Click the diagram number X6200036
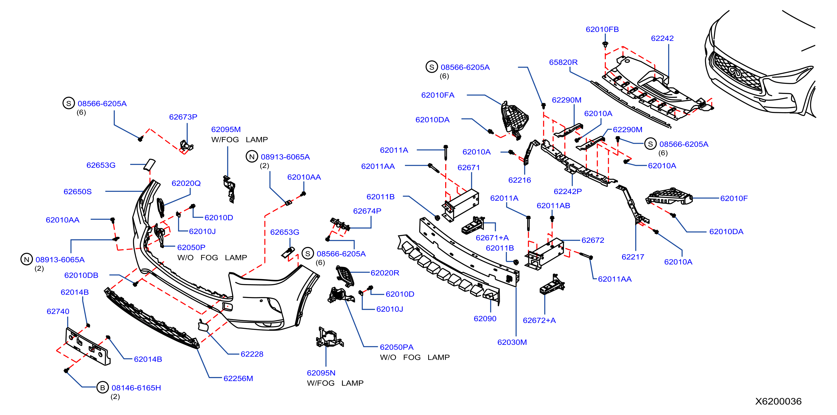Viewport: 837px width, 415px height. click(778, 401)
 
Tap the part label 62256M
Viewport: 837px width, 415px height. click(238, 378)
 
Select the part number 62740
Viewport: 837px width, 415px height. click(58, 311)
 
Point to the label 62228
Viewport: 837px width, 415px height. click(252, 354)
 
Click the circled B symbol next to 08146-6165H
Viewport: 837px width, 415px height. click(102, 387)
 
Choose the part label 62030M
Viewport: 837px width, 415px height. click(512, 342)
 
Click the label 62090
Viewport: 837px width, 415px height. click(485, 319)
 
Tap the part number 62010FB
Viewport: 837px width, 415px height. click(602, 29)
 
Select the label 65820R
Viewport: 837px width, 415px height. click(563, 62)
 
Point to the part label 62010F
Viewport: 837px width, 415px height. click(734, 198)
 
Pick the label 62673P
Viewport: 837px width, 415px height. click(183, 117)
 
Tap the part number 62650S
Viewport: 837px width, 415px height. click(78, 192)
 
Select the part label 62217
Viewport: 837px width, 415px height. click(633, 257)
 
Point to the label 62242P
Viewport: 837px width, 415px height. click(567, 191)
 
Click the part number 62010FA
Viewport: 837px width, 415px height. click(438, 95)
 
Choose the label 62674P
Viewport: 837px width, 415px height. click(367, 211)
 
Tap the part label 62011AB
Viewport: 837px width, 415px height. click(553, 206)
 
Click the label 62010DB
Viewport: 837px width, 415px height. click(81, 275)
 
